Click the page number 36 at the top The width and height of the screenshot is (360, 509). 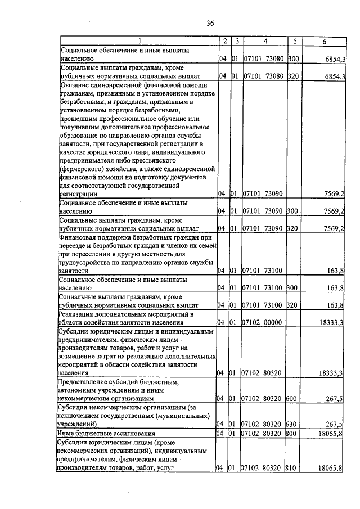[x=210, y=23]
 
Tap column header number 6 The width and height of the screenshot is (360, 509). [x=325, y=41]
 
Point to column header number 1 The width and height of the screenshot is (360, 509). [x=139, y=41]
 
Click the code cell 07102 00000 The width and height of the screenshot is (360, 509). [x=263, y=323]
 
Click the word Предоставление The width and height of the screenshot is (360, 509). [x=85, y=382]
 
